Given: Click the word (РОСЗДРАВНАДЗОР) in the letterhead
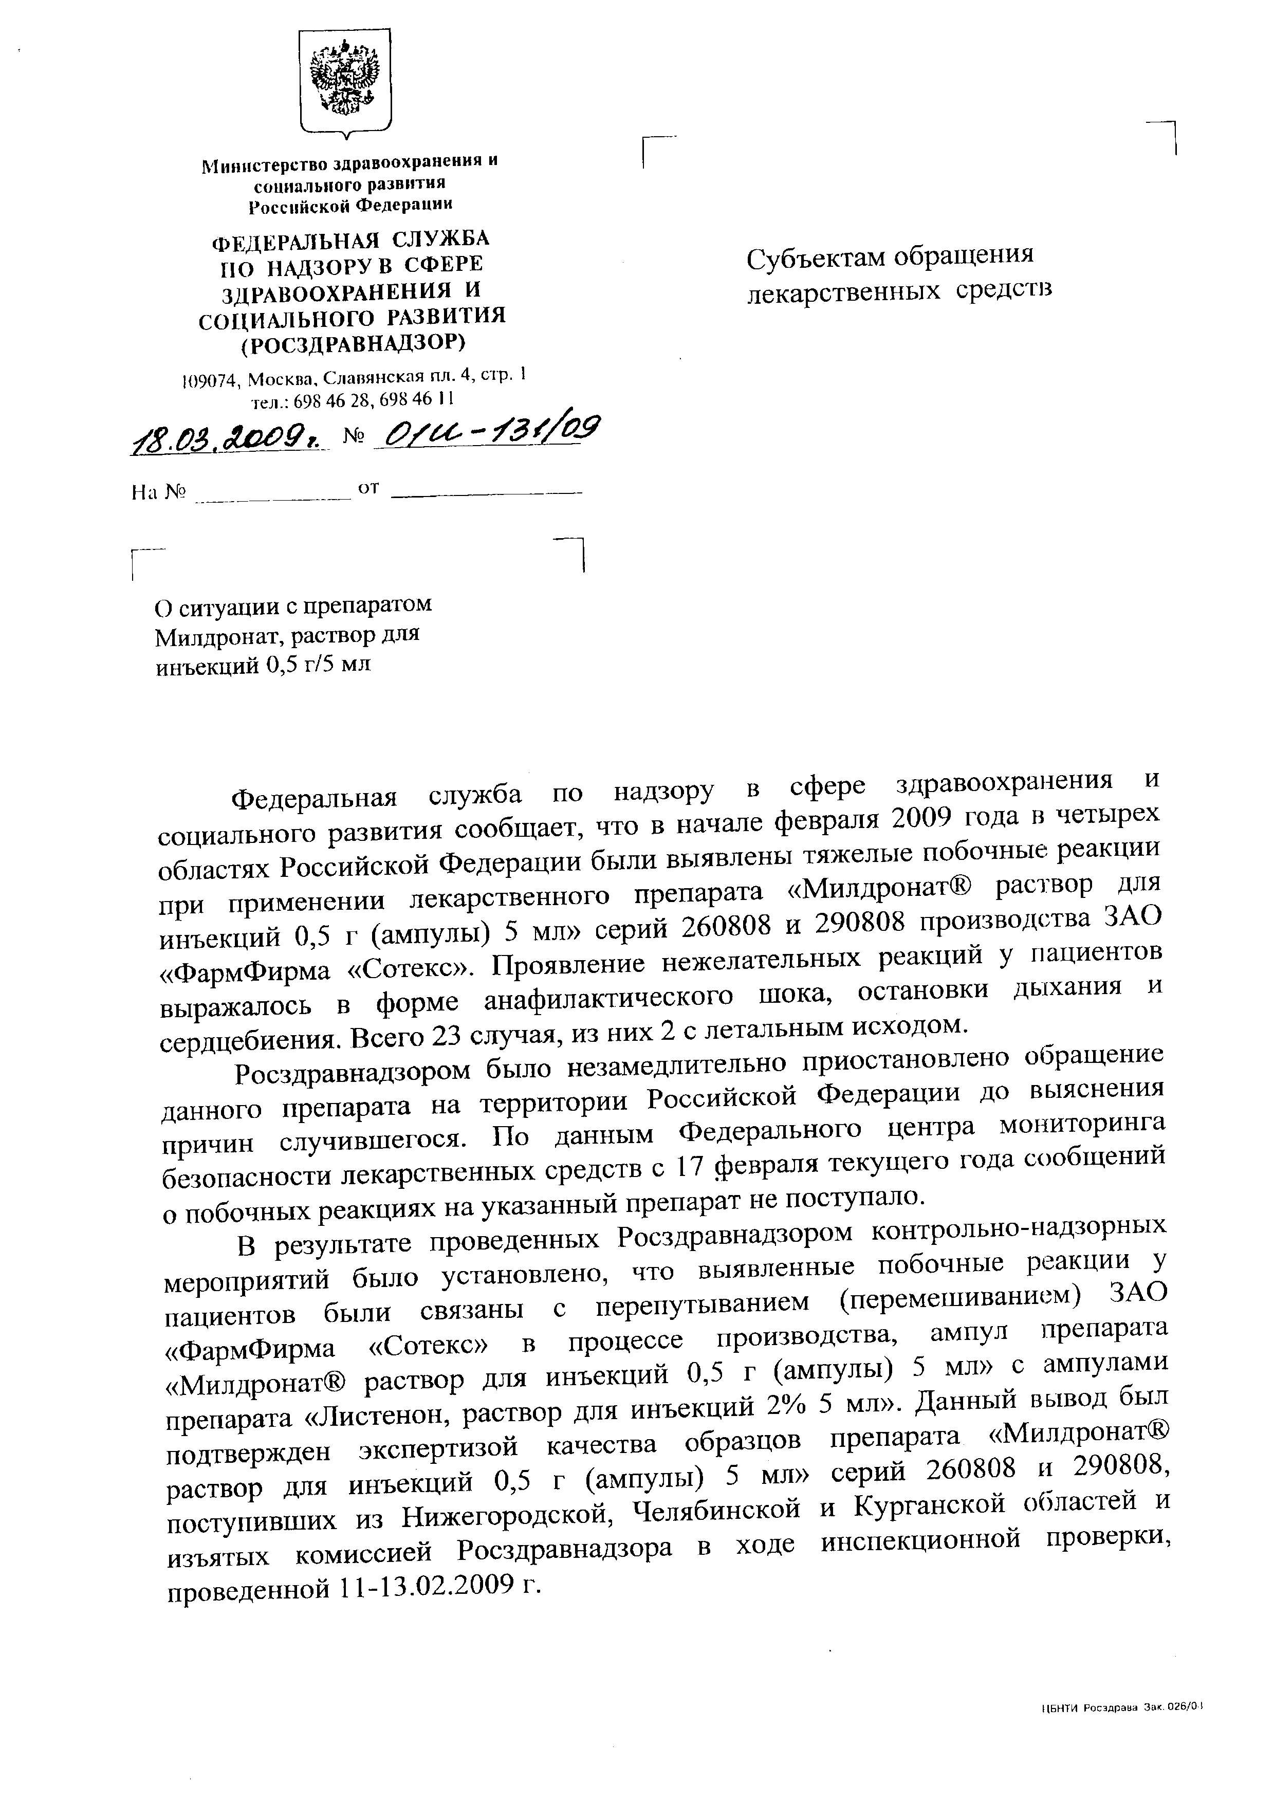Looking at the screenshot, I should point(352,343).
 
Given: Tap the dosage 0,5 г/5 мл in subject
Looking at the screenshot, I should point(319,666).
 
